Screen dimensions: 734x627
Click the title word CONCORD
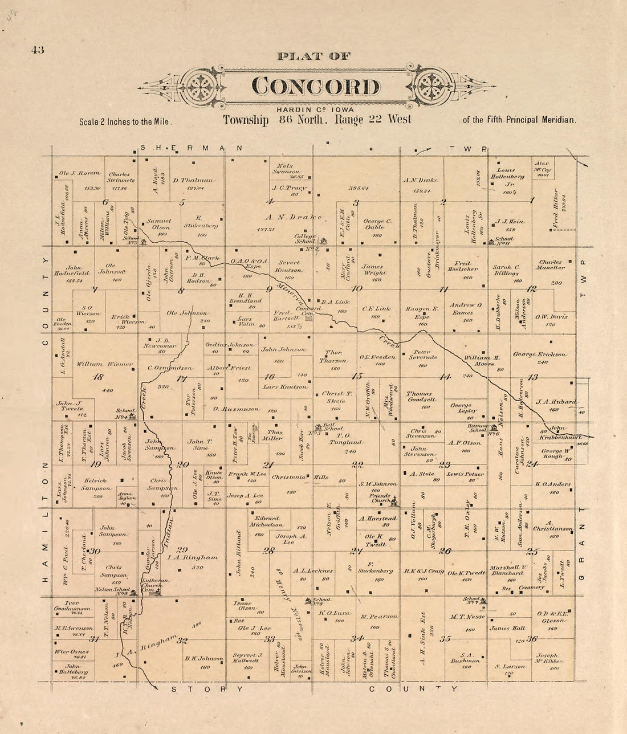(x=315, y=86)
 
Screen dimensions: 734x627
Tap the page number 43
(x=38, y=50)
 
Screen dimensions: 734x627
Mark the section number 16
(x=269, y=376)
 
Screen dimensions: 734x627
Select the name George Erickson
(x=539, y=354)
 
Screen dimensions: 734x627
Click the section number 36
(x=532, y=638)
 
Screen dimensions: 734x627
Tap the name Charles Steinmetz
(x=120, y=178)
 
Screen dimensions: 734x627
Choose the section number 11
(x=442, y=289)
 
